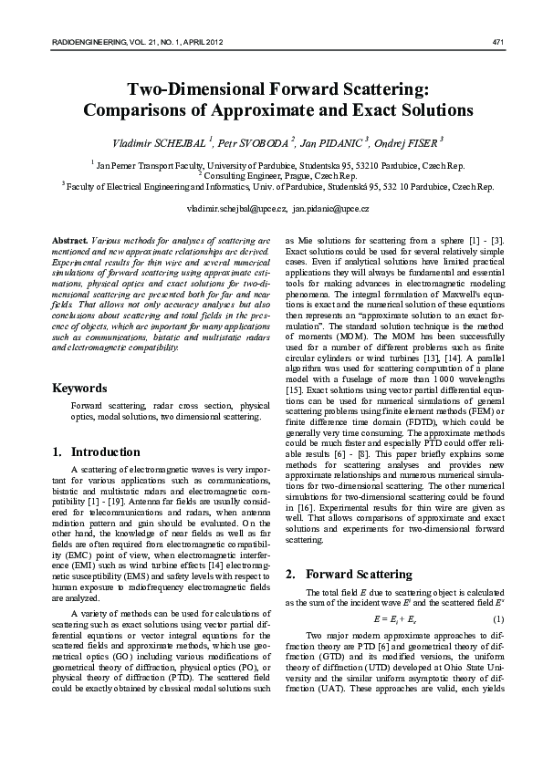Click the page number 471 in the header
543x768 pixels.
(x=498, y=43)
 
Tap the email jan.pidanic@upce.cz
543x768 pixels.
(x=330, y=209)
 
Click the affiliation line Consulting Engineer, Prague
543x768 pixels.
(x=272, y=175)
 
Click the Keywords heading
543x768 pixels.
(x=79, y=388)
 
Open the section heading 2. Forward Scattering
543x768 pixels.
(x=340, y=574)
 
